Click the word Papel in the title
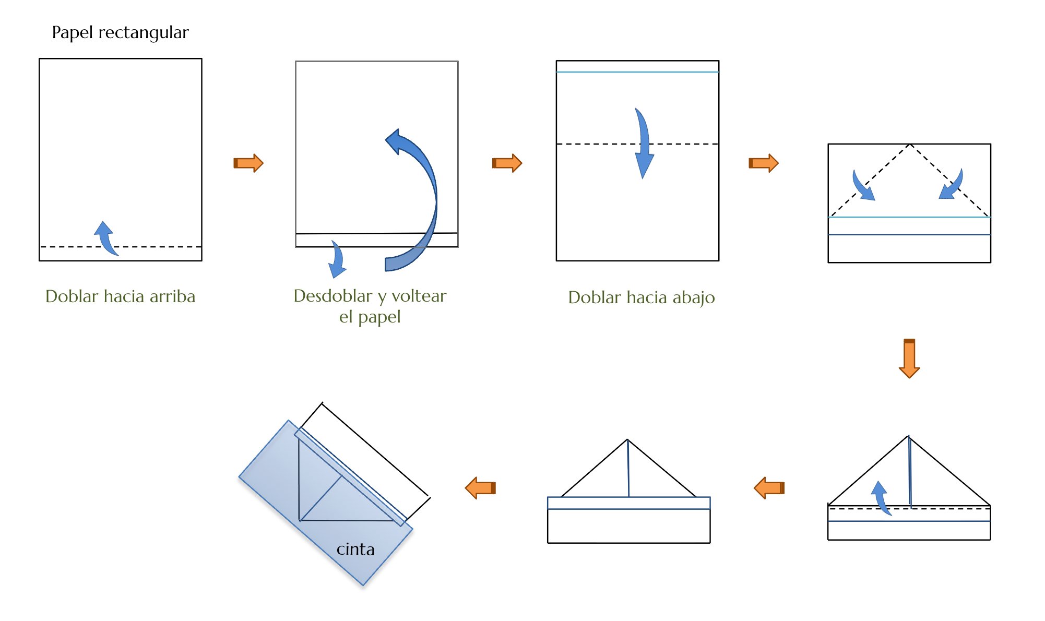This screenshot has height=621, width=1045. point(73,33)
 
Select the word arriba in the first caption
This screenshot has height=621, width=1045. point(172,296)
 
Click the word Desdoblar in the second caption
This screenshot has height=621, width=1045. point(333,296)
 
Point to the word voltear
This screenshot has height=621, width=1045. point(419,296)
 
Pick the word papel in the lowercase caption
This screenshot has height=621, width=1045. point(379,317)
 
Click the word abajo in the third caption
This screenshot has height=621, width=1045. point(693,297)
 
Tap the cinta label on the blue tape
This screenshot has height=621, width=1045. point(355,550)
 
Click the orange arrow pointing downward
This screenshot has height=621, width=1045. point(909,358)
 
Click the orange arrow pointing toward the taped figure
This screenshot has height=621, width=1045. point(480,488)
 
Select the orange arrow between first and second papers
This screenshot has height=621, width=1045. point(248,163)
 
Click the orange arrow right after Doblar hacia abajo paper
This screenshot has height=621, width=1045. point(764,163)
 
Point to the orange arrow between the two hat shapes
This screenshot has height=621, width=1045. point(769,488)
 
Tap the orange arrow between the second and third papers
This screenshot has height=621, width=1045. point(507,163)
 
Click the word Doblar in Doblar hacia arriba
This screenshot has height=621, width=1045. point(72,296)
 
